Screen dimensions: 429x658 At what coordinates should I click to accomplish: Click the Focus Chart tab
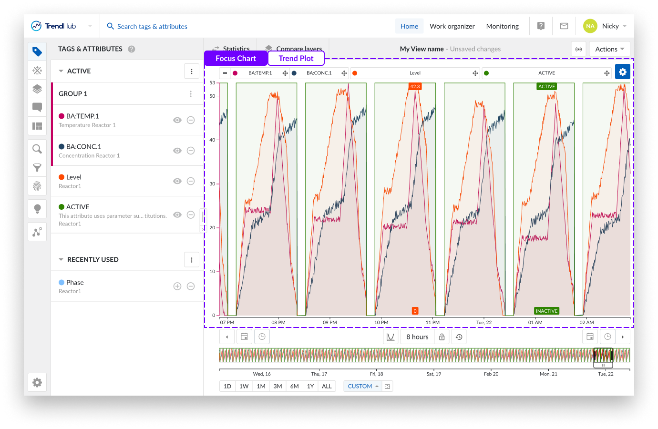click(236, 58)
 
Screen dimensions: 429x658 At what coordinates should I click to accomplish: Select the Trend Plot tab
click(296, 58)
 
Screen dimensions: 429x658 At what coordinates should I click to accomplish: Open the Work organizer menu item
click(452, 26)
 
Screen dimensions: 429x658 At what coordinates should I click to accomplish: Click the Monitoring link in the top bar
click(502, 26)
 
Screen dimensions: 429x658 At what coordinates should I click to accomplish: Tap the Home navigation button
click(409, 26)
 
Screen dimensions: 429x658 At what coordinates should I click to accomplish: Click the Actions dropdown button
click(609, 49)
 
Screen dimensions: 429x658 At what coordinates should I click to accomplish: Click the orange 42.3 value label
click(415, 86)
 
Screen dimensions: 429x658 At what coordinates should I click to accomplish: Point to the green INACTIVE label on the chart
click(546, 311)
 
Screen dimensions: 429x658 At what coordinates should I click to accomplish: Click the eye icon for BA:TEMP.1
click(177, 120)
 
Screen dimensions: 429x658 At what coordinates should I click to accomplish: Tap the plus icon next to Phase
click(177, 286)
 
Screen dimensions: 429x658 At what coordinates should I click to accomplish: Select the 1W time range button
click(244, 386)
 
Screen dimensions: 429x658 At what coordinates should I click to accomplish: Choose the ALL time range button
click(327, 386)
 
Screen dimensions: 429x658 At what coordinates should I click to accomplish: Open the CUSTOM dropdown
click(363, 386)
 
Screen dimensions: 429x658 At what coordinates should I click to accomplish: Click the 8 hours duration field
click(417, 337)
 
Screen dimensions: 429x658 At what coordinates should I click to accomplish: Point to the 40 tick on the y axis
click(212, 140)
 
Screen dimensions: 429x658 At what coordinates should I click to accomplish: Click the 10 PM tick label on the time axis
click(381, 323)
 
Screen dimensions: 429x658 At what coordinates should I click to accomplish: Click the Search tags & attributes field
click(152, 26)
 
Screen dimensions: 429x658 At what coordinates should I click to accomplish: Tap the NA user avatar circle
click(590, 26)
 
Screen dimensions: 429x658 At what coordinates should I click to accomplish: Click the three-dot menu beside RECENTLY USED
click(192, 260)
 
